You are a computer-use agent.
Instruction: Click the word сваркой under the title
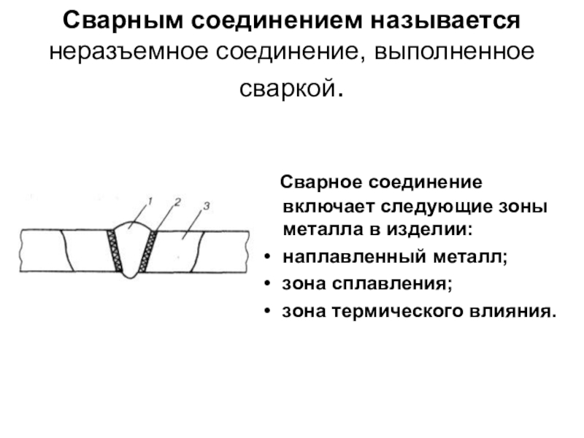point(287,89)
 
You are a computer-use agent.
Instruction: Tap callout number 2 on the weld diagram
point(177,201)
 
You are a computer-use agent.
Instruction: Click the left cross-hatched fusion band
point(115,250)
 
